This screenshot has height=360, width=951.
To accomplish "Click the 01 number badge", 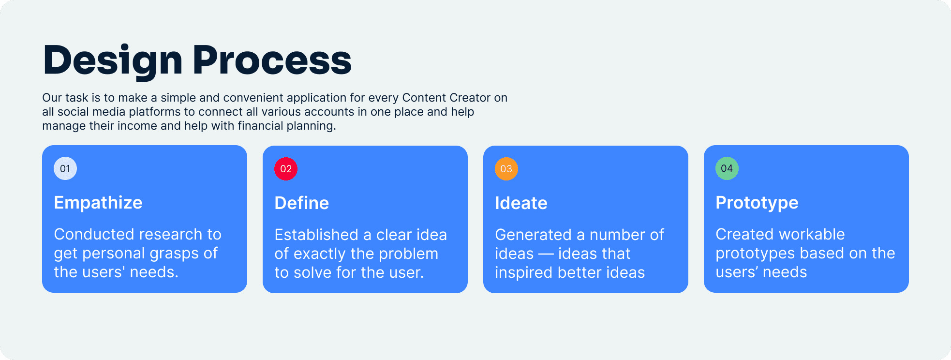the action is tap(65, 168).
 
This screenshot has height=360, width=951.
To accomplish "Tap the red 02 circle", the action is tap(286, 169).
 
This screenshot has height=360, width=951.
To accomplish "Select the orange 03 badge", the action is tap(506, 169).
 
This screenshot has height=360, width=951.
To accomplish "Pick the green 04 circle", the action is tap(727, 168).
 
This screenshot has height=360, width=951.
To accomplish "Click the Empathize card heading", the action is tap(98, 203).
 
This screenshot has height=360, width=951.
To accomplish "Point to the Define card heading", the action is tap(302, 203).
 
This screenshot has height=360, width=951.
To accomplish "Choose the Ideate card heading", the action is tap(521, 203).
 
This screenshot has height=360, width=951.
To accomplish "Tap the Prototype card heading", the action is tap(757, 203).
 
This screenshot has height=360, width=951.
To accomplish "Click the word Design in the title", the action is tap(113, 60).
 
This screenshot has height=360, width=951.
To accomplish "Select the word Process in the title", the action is tap(272, 60).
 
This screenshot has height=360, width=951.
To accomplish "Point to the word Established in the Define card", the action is tap(316, 235).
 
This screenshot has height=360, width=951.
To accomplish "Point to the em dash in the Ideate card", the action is tap(546, 254).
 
